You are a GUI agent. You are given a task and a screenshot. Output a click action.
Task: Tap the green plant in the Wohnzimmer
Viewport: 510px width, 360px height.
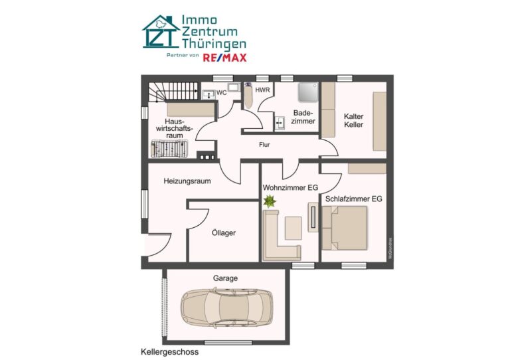coord(270,201)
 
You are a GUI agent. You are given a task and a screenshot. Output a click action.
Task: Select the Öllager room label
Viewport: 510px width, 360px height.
coord(223,233)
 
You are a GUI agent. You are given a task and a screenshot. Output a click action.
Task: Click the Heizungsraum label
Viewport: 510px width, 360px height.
coord(187,181)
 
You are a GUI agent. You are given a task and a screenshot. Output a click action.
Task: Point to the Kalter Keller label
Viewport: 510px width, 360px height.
coord(353,120)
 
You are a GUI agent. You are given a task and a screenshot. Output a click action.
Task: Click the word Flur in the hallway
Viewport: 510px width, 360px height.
coord(264,145)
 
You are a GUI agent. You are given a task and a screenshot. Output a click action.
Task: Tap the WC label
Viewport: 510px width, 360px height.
coord(222,93)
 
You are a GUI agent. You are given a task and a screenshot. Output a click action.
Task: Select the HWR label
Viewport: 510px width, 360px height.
coord(262,90)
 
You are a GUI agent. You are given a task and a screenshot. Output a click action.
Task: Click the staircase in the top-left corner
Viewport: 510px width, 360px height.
coord(173,92)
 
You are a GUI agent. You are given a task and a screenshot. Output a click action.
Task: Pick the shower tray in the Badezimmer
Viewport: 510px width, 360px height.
coord(307,92)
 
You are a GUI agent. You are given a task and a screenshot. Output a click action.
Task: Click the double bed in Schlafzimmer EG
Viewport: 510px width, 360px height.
coord(345,228)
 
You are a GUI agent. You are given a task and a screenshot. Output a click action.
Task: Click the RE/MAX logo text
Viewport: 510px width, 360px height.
coord(224,58)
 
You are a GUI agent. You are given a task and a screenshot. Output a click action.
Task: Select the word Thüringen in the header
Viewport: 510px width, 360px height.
coord(214,44)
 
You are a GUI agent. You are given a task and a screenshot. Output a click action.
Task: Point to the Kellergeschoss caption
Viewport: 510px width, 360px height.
coord(169,352)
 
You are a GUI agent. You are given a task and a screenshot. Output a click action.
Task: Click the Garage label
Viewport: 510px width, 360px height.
coord(225,278)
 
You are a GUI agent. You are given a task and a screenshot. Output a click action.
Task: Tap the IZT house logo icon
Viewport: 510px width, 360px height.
coord(161,31)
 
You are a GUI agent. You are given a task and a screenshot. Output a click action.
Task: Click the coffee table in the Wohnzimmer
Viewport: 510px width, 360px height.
coord(293,228)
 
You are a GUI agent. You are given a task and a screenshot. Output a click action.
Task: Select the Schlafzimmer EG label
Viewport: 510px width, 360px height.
coord(353,199)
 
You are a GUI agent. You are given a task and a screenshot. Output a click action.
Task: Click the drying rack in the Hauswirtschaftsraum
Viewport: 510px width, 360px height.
coord(169,149)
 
